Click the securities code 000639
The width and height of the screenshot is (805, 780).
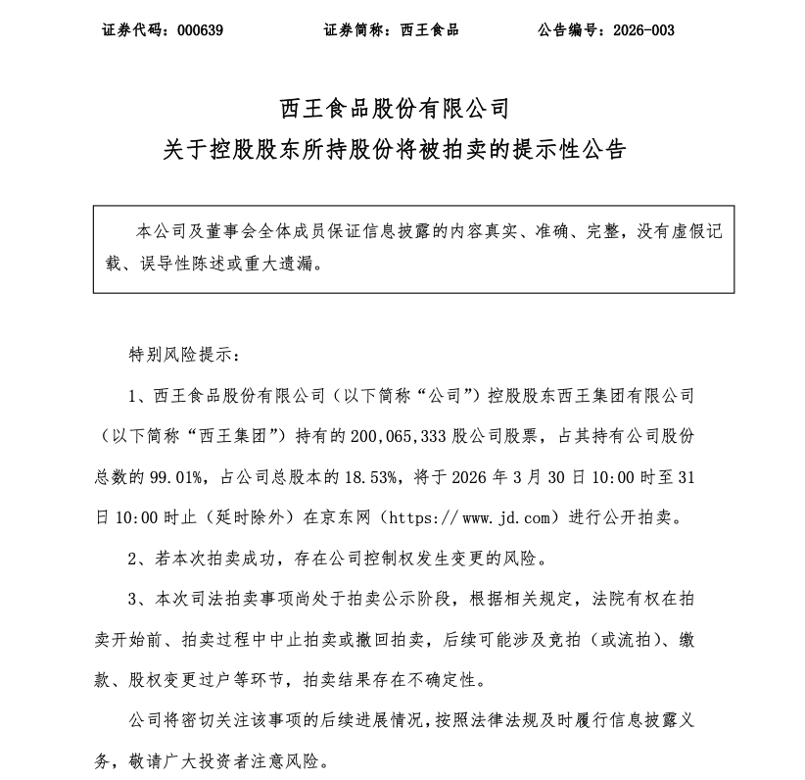click(x=200, y=30)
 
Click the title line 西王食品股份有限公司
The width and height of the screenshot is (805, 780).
click(x=402, y=106)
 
